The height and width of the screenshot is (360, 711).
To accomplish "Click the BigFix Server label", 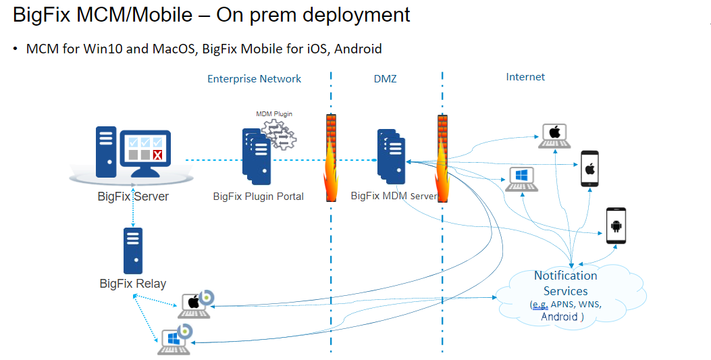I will pos(133,197).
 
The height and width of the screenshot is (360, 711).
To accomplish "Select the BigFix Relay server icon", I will pos(133,249).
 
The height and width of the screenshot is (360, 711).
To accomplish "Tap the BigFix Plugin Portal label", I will pos(258,197).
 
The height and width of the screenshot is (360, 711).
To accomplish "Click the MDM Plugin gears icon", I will pos(279,134).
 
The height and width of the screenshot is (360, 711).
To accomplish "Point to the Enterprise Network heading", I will pos(254,78).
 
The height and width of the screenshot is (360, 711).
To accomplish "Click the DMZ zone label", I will pos(385,79).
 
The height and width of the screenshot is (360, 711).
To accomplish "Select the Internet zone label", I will pos(525,77).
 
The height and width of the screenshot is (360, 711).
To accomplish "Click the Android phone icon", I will pos(615,226).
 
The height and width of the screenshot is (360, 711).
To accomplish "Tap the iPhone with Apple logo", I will pos(590,168).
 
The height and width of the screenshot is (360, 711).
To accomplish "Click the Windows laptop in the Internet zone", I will pos(521,179).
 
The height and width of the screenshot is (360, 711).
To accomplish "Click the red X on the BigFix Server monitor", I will pos(157,156).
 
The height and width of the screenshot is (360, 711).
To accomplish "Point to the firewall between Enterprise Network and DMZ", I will pos(332,158).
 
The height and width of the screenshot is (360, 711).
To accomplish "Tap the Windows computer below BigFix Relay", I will pos(174,339).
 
